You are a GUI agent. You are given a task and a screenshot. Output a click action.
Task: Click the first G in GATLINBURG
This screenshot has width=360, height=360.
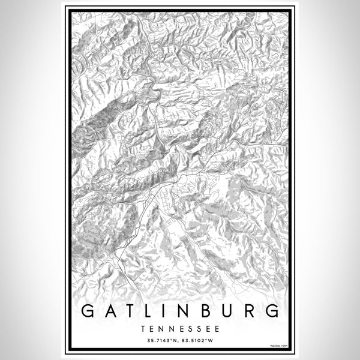pyautogui.click(x=88, y=311)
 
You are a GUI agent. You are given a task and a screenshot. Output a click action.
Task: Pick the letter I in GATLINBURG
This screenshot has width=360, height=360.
pyautogui.click(x=167, y=311)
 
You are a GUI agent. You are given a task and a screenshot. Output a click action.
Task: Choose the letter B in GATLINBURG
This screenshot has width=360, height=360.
pyautogui.click(x=208, y=311)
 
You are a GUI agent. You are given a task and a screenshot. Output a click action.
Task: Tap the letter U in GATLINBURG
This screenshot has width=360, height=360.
pyautogui.click(x=229, y=311)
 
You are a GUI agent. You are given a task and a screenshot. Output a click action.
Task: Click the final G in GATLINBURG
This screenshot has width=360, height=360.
pyautogui.click(x=272, y=311)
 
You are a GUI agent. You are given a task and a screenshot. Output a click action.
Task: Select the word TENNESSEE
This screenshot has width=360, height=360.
pyautogui.click(x=179, y=329)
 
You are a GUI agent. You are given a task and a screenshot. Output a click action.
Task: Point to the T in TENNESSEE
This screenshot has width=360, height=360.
pyautogui.click(x=144, y=329)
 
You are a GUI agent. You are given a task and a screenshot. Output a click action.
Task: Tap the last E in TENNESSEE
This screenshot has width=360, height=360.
pyautogui.click(x=215, y=329)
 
